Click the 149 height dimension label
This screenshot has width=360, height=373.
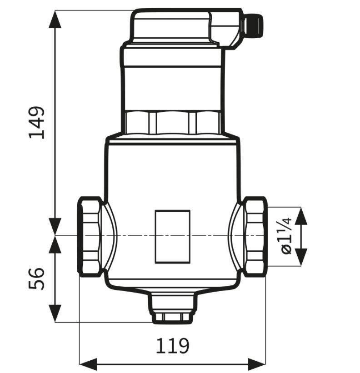(x=36, y=123)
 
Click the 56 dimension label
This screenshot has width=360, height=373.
(x=36, y=279)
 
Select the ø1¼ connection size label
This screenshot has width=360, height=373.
(x=286, y=236)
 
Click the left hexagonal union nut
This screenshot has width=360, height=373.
(x=90, y=237)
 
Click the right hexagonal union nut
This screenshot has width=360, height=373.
(x=255, y=237)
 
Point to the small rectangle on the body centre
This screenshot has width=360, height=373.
(x=173, y=237)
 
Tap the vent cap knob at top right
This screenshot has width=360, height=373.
(x=253, y=26)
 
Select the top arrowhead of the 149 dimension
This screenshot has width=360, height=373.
(x=55, y=20)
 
